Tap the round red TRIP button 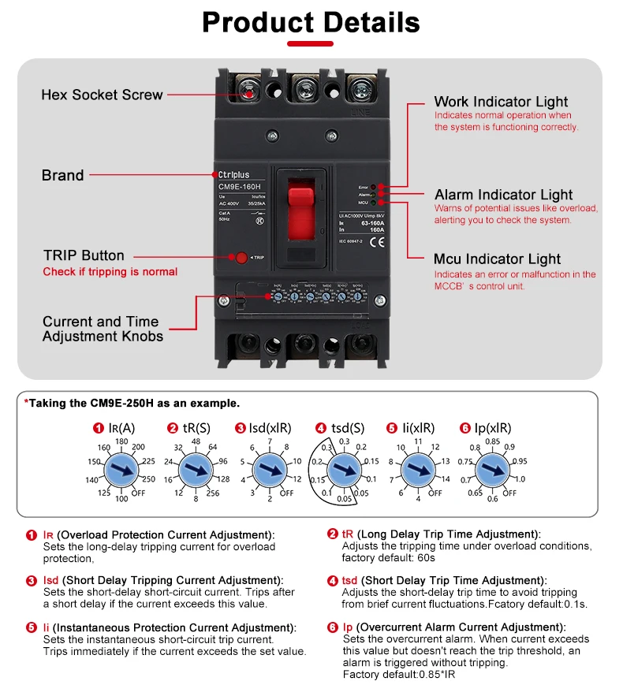(241, 258)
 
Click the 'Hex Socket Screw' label (102, 95)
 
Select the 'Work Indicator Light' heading (501, 102)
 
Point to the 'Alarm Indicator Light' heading (503, 195)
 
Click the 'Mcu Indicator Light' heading (497, 259)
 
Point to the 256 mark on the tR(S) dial (214, 493)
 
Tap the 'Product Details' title (311, 22)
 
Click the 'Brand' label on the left (62, 175)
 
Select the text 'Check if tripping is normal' (110, 272)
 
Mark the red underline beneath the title (311, 44)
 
